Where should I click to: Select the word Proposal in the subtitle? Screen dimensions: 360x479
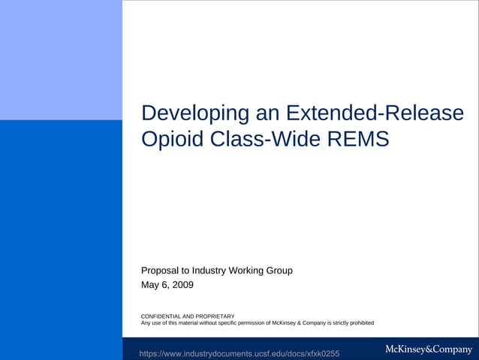(x=161, y=271)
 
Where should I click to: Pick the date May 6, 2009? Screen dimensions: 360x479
(x=167, y=286)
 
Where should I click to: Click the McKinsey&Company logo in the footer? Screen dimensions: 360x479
(x=428, y=349)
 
